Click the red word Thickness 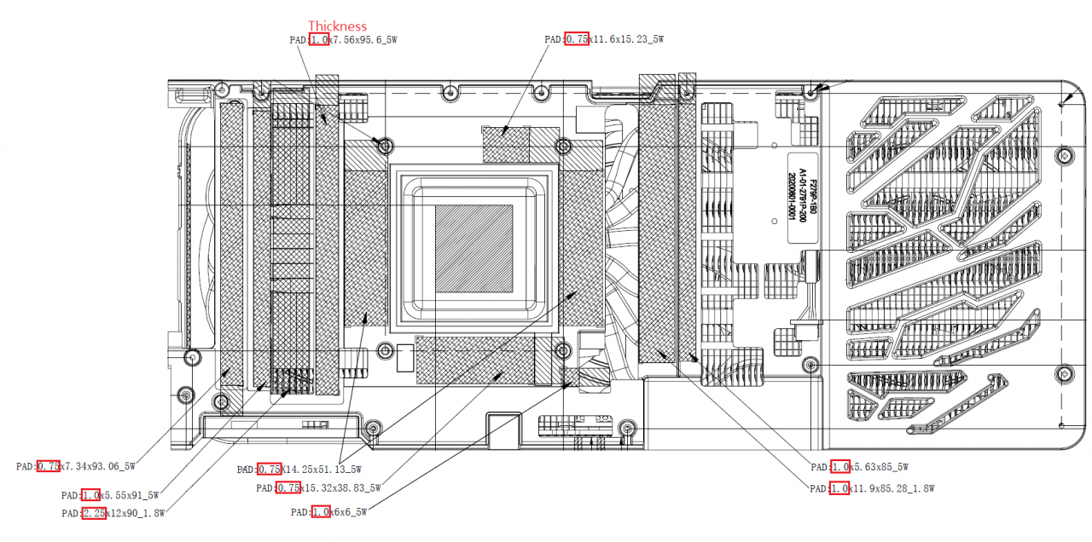tap(337, 26)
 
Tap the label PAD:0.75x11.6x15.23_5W tap(604, 39)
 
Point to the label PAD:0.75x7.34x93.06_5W tap(76, 466)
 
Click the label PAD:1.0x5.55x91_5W tap(110, 494)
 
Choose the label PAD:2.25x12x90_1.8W tap(113, 513)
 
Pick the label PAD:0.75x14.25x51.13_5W tap(299, 469)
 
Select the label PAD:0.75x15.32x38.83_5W tap(318, 488)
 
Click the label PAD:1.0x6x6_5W tap(328, 512)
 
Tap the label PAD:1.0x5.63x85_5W tap(859, 467)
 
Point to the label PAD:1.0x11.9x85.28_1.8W tap(872, 488)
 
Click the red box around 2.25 tap(94, 513)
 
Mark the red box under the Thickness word tap(319, 39)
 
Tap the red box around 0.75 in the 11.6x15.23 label tap(577, 39)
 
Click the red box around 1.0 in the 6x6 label tap(321, 512)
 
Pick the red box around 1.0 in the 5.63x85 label tap(839, 467)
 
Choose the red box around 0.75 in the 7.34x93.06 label tap(48, 466)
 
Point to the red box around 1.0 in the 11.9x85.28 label tap(839, 488)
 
